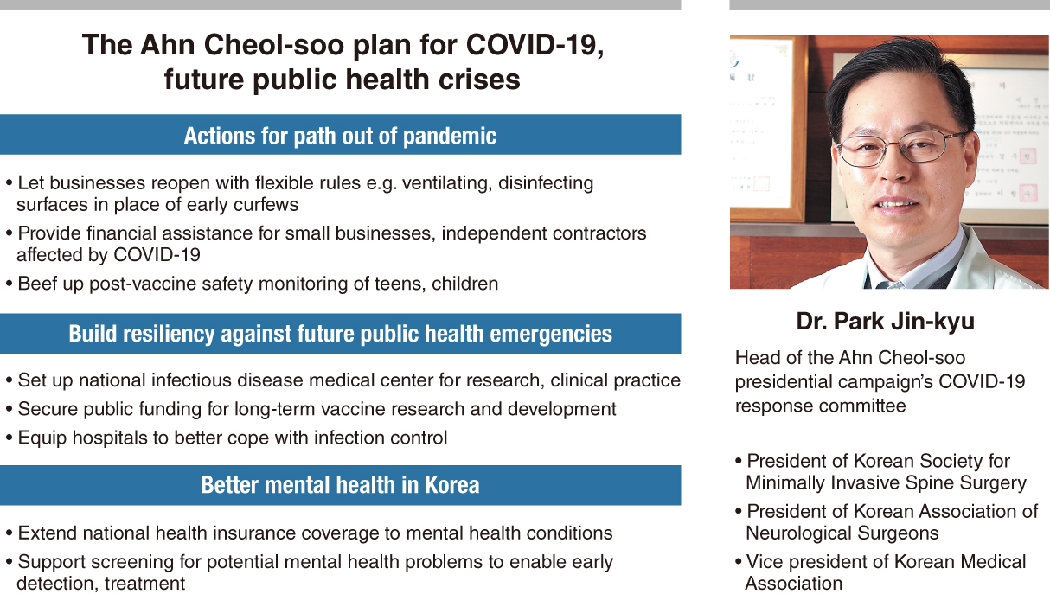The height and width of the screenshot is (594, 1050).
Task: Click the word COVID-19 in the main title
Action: pos(535,45)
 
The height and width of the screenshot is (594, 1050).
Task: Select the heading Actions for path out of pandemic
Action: pos(340,136)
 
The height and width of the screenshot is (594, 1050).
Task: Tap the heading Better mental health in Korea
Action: pos(340,485)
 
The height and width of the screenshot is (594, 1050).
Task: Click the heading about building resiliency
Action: pos(340,334)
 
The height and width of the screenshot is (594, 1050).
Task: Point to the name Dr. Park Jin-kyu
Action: pos(885,322)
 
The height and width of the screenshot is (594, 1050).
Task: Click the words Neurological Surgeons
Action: pos(842,533)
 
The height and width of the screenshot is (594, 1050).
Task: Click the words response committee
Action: pos(820,406)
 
